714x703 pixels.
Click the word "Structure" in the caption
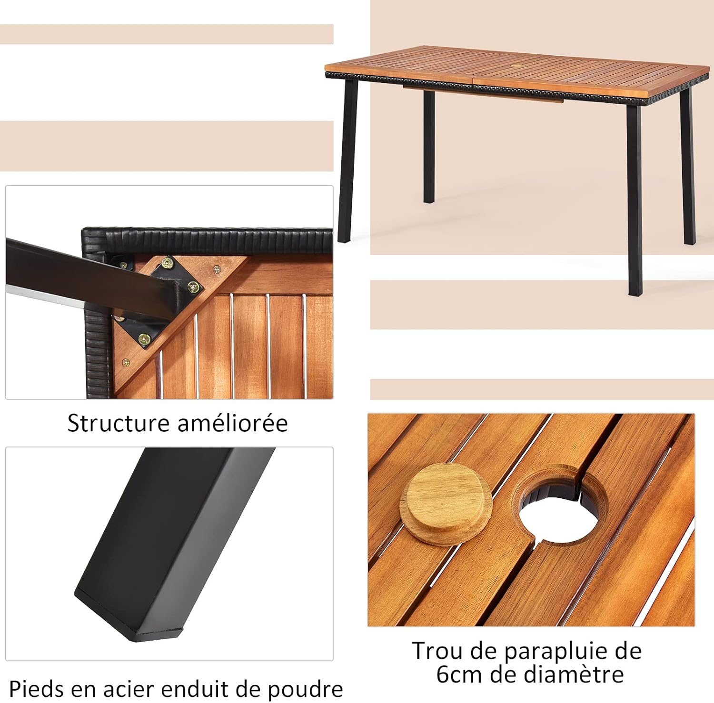coord(118,423)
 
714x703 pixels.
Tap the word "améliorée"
coord(232,423)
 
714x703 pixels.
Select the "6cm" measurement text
coord(457,674)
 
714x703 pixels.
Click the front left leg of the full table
coord(347,162)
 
